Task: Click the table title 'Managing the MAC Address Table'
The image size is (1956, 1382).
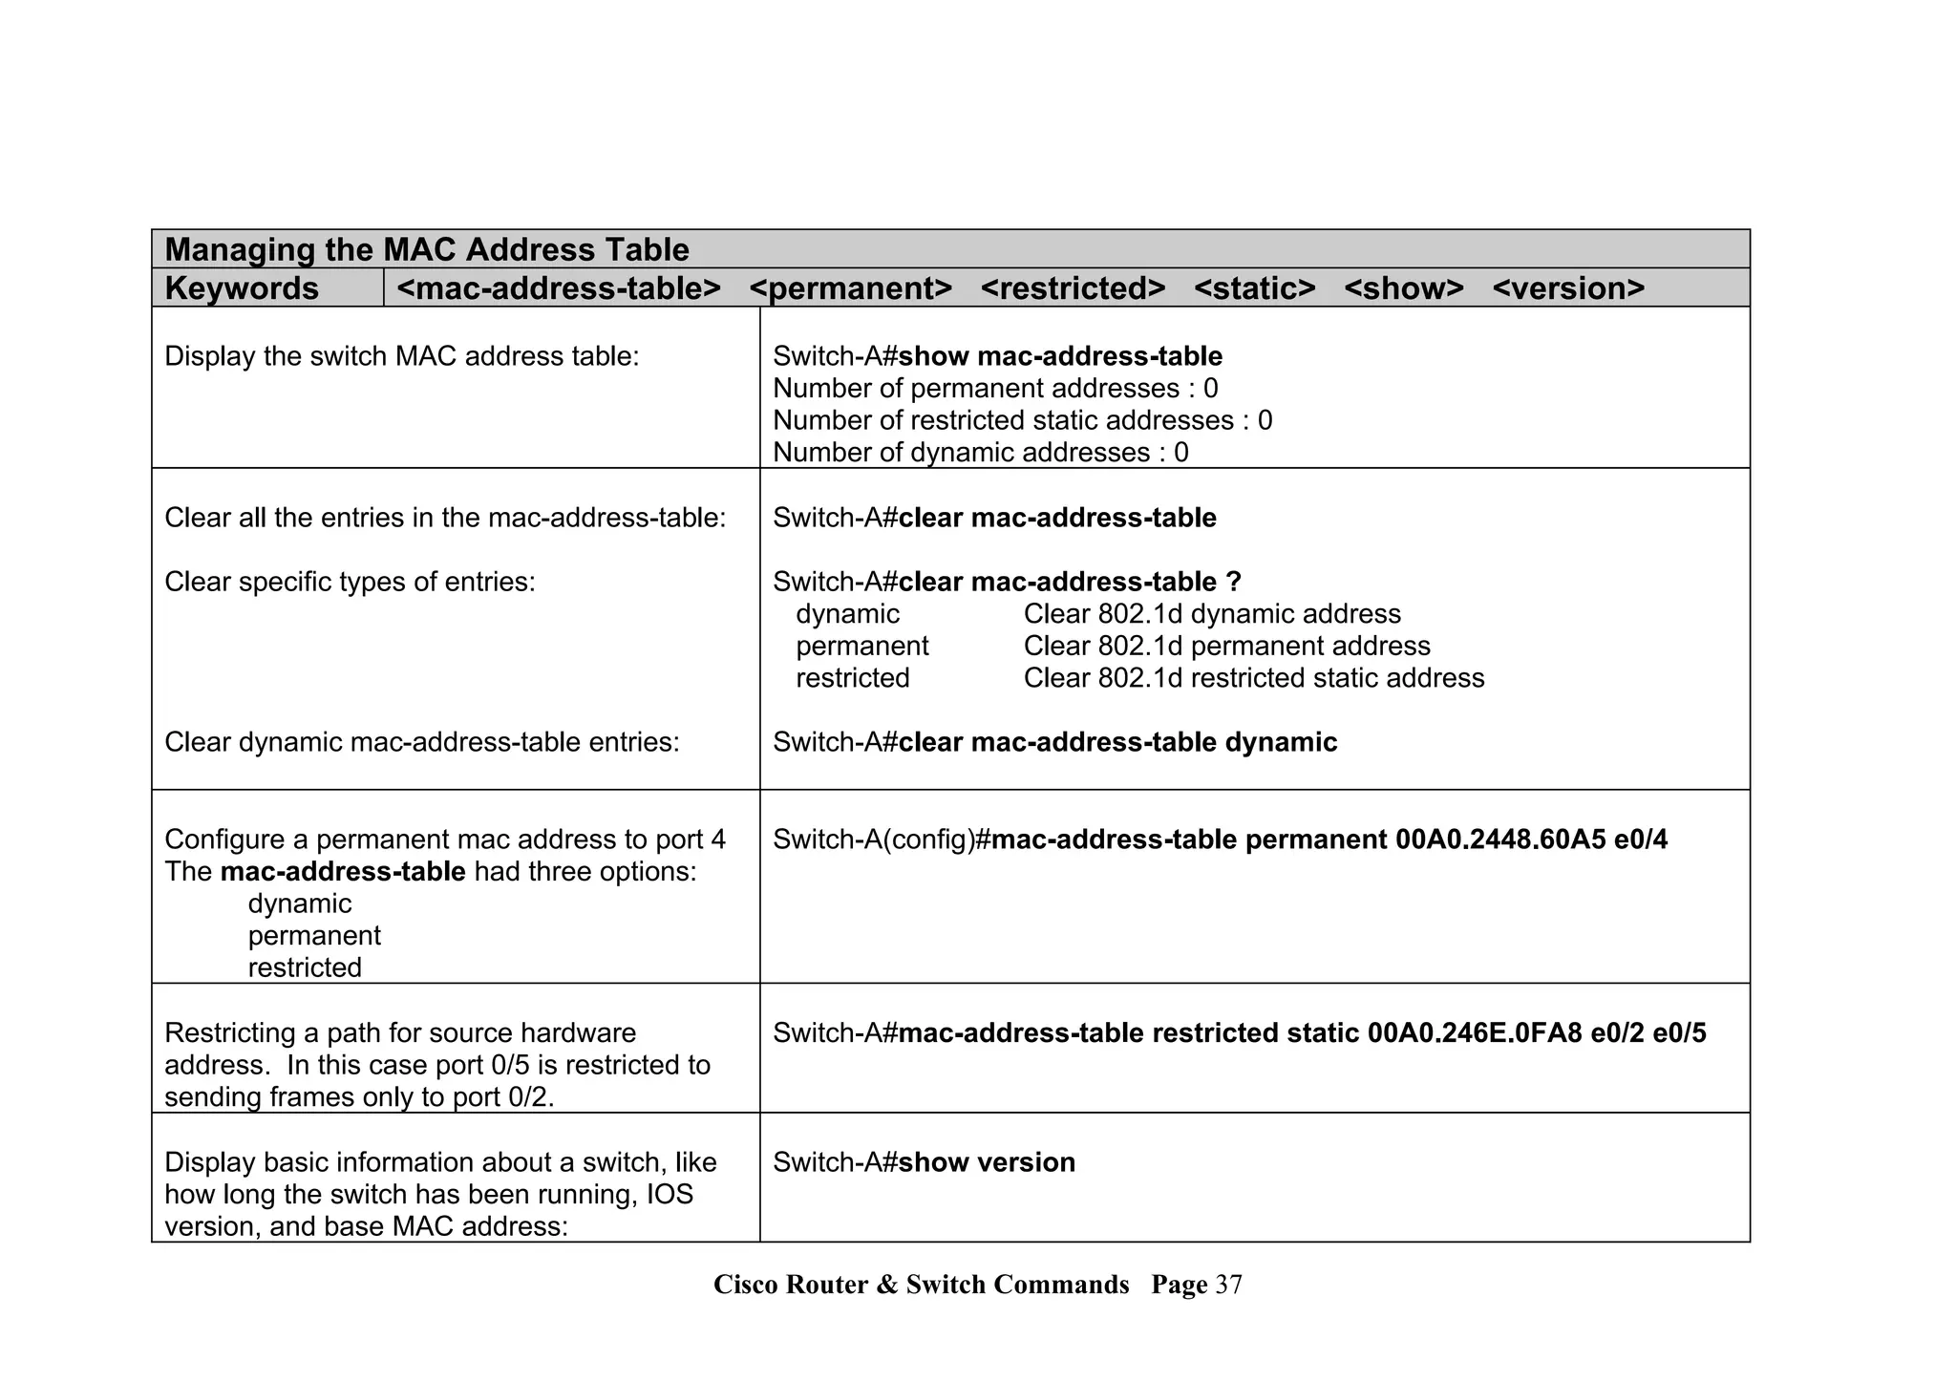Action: [x=427, y=250]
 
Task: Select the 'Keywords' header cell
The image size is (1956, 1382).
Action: [x=242, y=288]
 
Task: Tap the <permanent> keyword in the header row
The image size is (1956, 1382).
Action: [x=850, y=288]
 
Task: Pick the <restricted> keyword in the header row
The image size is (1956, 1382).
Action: [x=1073, y=288]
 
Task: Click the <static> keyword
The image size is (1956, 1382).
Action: [x=1254, y=288]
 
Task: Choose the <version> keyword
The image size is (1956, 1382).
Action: [x=1567, y=288]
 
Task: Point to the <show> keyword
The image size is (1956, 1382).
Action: [x=1403, y=288]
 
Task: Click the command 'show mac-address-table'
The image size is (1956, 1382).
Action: [x=1060, y=357]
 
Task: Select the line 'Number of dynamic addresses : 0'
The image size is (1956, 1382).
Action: [x=980, y=453]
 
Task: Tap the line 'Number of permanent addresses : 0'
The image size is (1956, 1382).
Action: [x=994, y=389]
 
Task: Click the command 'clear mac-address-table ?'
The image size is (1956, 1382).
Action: [x=1070, y=582]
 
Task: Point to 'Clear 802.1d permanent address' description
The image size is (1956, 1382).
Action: [x=1226, y=647]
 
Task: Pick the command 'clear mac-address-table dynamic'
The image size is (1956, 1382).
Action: [x=1117, y=742]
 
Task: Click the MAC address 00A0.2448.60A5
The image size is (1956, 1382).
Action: [x=1499, y=840]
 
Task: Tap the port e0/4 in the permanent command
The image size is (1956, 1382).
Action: [x=1640, y=840]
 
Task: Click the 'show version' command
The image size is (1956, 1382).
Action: [x=987, y=1162]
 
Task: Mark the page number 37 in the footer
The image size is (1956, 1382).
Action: [x=1228, y=1285]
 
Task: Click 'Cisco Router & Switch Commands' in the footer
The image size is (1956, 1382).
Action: [x=921, y=1285]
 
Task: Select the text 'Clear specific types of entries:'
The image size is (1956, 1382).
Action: [x=350, y=582]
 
